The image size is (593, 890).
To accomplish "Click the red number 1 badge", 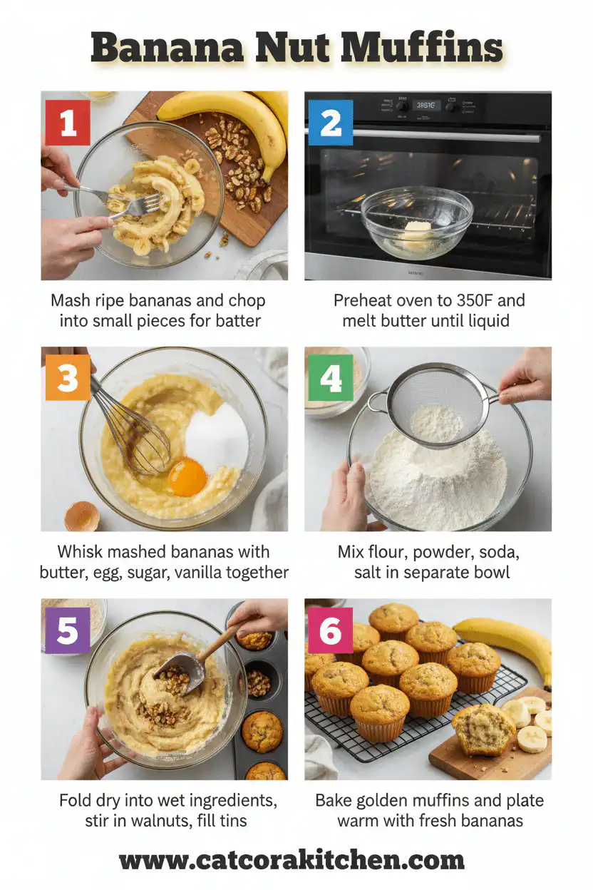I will coord(68,123).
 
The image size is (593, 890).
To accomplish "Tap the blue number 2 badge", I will coord(330,123).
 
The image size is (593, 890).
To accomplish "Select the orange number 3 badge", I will coord(68,377).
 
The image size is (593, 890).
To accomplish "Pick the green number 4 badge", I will coord(330,377).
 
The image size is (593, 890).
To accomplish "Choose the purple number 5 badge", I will coord(68,630).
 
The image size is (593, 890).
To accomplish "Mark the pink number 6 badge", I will coord(330,630).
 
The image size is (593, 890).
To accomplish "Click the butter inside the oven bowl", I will coord(416,230).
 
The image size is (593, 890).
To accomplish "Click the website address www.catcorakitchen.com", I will coord(292,860).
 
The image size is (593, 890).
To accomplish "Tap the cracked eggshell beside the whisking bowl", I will coord(82,516).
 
